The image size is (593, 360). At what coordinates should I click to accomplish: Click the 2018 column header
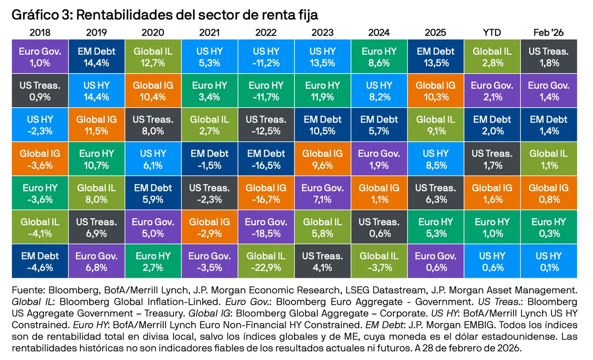[x=40, y=33]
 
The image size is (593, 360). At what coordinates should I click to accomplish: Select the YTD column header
[x=492, y=33]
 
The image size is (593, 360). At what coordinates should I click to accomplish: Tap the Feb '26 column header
[x=549, y=33]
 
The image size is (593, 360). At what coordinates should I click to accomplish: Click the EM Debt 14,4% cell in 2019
[x=97, y=57]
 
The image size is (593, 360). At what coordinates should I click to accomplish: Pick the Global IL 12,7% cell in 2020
[x=153, y=57]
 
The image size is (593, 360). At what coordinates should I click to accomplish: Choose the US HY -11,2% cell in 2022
[x=266, y=57]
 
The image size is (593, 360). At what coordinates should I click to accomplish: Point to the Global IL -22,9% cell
[x=266, y=262]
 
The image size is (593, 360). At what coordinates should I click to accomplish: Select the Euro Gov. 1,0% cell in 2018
[x=40, y=57]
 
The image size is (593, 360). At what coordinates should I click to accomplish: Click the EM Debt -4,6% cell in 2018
[x=40, y=262]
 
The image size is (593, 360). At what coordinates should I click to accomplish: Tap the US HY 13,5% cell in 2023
[x=322, y=57]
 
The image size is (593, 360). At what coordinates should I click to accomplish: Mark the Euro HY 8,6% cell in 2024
[x=379, y=57]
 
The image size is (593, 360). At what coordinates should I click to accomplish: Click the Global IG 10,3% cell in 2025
[x=435, y=91]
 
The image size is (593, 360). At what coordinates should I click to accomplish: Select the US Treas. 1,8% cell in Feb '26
[x=549, y=57]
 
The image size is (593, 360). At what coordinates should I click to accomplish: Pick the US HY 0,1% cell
[x=549, y=262]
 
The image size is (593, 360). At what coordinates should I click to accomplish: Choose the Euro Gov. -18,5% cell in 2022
[x=266, y=228]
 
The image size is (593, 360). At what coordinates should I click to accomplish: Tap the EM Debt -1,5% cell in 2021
[x=210, y=159]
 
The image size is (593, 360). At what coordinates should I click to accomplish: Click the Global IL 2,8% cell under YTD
[x=492, y=57]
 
